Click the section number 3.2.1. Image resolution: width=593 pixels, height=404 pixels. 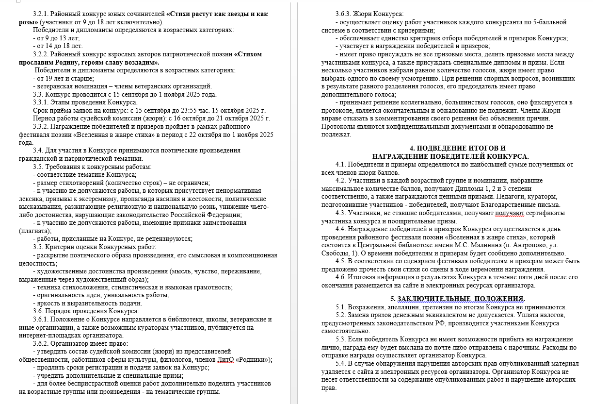click(41, 14)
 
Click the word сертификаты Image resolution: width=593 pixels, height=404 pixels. click(546, 213)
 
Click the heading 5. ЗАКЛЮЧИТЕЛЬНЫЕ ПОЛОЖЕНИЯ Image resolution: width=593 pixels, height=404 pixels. click(458, 298)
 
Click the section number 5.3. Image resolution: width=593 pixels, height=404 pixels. click(344, 339)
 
